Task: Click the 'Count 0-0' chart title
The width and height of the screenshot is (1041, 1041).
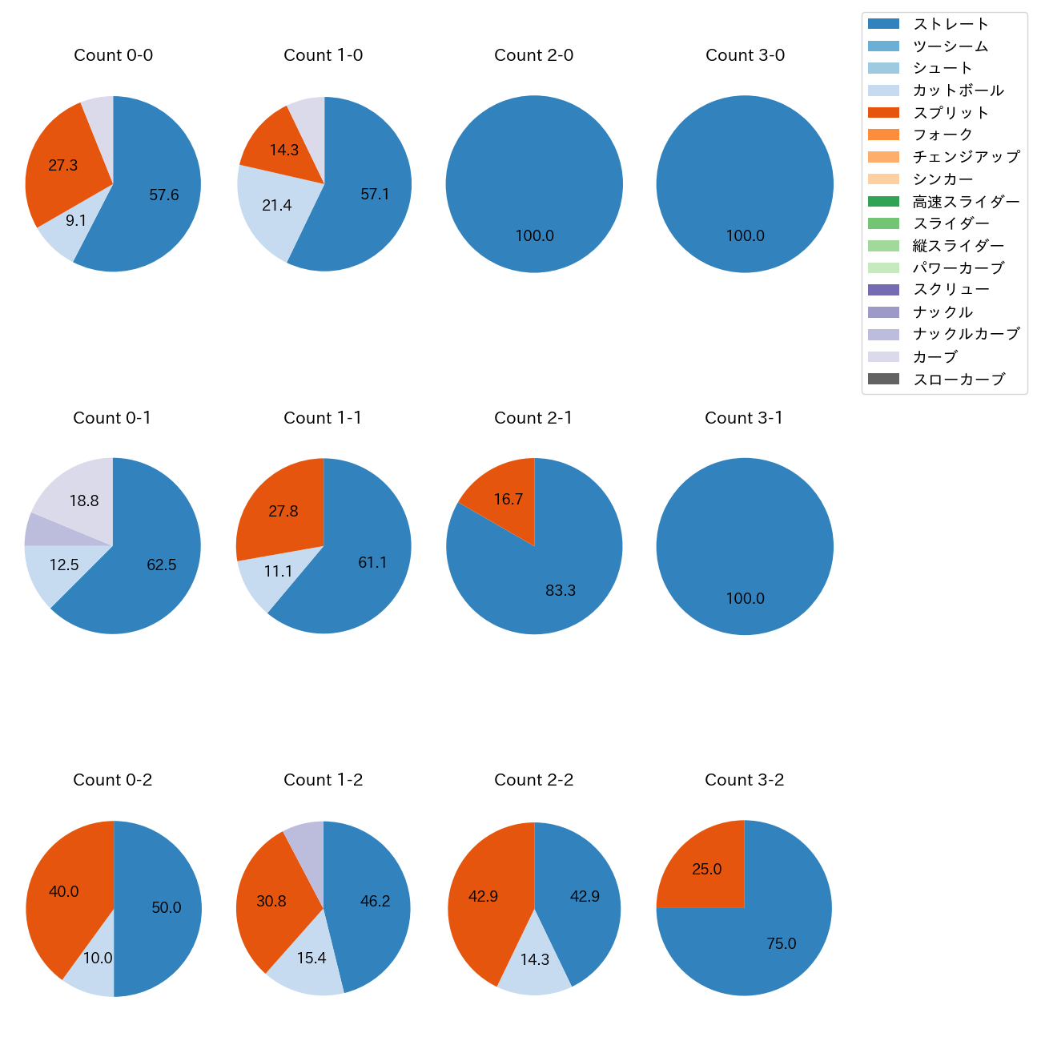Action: tap(113, 55)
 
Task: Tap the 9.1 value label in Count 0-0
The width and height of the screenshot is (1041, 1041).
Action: tap(76, 220)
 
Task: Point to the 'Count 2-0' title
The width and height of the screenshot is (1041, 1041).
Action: tap(533, 55)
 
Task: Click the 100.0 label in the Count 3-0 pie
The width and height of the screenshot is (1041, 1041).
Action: tap(745, 236)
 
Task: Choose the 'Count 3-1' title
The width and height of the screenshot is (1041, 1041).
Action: tap(744, 418)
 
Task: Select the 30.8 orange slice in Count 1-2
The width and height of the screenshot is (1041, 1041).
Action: tap(271, 901)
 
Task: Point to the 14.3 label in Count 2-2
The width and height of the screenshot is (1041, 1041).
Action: tap(534, 959)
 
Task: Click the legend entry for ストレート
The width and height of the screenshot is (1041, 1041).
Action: tap(951, 24)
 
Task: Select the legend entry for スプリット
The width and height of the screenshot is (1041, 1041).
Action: tap(951, 113)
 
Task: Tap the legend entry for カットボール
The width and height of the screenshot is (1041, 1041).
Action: tap(958, 90)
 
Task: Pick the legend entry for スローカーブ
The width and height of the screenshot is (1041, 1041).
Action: tap(959, 380)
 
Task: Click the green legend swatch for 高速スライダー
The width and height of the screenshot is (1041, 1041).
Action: tap(883, 202)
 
